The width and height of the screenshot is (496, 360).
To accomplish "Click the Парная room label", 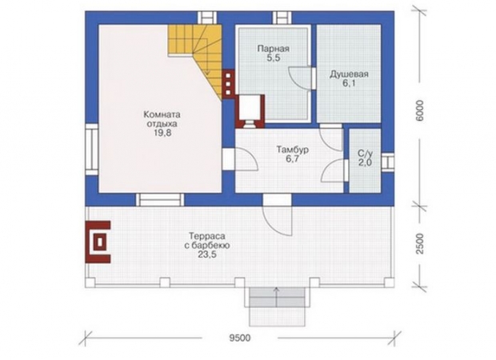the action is click(x=273, y=49).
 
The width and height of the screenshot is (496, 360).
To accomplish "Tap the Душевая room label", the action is click(x=349, y=74).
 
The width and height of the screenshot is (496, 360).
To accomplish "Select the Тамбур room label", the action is click(x=293, y=150).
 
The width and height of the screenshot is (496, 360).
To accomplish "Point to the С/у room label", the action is click(x=365, y=154).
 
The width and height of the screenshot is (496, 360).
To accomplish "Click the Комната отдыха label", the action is click(x=162, y=118).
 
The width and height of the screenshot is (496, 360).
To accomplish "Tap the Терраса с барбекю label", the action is click(x=207, y=241).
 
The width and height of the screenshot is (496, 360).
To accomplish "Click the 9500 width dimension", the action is click(x=240, y=338).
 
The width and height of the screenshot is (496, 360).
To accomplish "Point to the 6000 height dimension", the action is click(x=419, y=110).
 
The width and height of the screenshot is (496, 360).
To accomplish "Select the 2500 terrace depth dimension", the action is click(x=419, y=243).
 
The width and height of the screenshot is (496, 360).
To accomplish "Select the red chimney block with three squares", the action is click(x=228, y=84).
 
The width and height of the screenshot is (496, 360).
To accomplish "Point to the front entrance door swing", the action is click(x=277, y=219).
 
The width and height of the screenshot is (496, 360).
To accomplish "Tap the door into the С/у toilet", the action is click(x=334, y=170).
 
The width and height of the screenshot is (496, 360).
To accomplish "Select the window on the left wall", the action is click(x=92, y=149).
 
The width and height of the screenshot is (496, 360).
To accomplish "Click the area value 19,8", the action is click(x=162, y=133).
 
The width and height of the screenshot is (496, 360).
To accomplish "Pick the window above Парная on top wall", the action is click(x=282, y=18).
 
